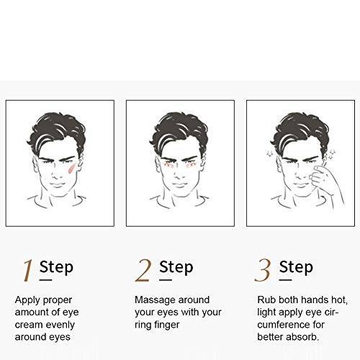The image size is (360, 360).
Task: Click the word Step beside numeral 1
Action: coord(56,267)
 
